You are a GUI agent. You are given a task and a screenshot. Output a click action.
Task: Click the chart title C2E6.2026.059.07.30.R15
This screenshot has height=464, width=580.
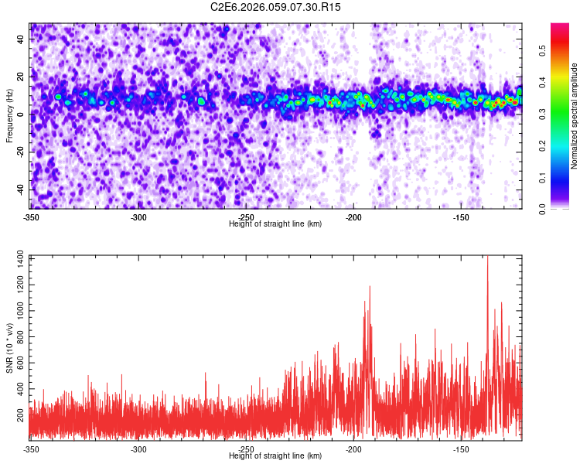click(x=276, y=7)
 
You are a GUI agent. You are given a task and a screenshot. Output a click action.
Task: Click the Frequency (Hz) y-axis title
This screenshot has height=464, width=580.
click(x=9, y=116)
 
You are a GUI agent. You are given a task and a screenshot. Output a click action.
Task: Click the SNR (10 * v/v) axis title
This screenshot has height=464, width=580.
click(x=9, y=347)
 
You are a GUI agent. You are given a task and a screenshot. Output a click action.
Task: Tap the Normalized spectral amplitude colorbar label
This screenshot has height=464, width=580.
click(x=575, y=116)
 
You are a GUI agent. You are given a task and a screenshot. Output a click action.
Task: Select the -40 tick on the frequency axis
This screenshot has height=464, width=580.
click(x=20, y=189)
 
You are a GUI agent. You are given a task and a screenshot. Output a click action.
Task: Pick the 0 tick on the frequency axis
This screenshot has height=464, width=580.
click(x=23, y=114)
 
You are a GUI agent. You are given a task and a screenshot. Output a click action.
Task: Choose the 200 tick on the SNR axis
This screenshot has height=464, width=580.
click(x=19, y=415)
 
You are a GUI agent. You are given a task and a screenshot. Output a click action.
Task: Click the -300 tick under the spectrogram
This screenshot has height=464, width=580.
click(x=138, y=217)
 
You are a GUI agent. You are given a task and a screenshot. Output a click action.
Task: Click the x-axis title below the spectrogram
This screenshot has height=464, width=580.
click(x=276, y=223)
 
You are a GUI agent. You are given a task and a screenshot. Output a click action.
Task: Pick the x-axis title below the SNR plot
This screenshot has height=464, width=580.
click(x=276, y=455)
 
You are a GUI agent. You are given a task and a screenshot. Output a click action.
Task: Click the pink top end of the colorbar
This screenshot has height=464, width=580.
click(x=560, y=27)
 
